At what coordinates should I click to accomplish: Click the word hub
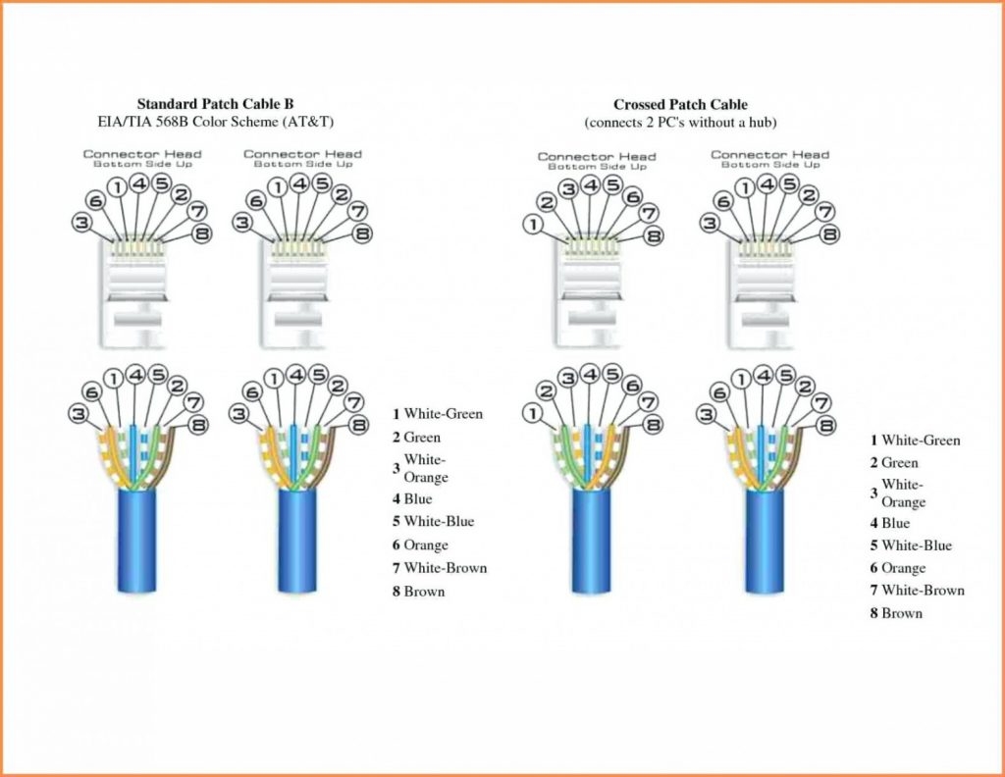point(763,123)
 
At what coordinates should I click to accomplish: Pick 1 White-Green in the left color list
point(438,414)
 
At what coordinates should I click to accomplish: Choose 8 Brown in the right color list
point(896,613)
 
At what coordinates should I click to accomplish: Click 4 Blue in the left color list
point(412,499)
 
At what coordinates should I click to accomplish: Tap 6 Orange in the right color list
point(897,568)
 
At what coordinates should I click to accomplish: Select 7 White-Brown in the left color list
point(440,568)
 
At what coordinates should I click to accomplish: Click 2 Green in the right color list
point(894,463)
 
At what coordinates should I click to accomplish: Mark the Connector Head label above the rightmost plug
point(769,155)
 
